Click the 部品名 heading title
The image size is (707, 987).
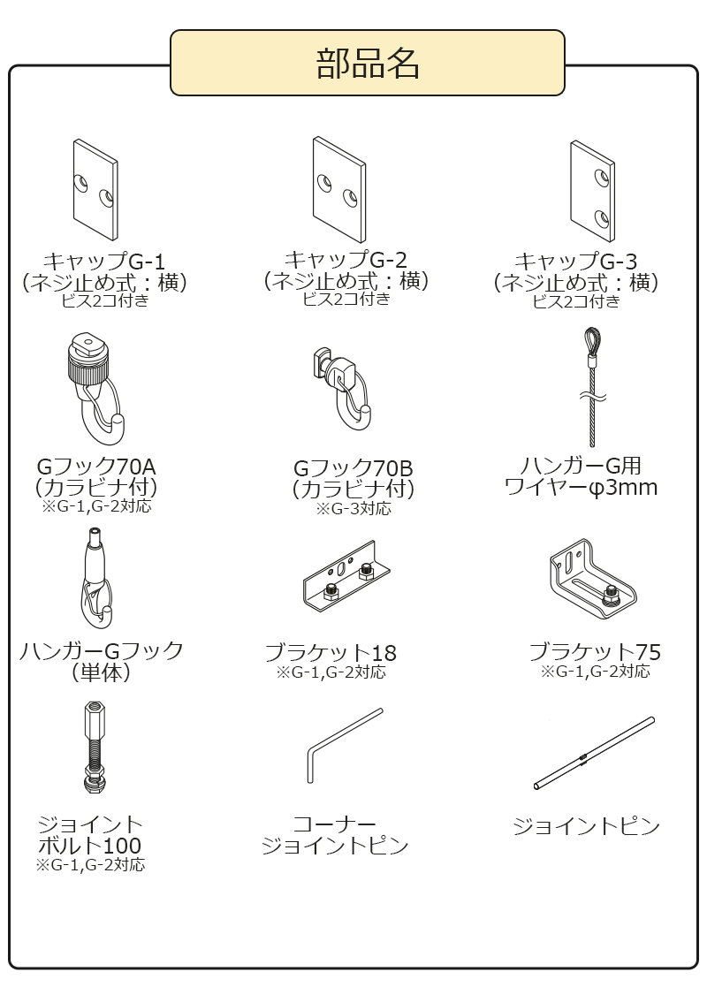[368, 63]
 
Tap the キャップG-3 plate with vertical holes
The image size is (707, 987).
[591, 190]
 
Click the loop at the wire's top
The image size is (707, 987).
[590, 340]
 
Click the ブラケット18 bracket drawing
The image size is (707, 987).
[341, 584]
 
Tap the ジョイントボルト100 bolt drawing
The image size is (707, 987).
[94, 747]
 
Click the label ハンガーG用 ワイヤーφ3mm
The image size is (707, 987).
[581, 476]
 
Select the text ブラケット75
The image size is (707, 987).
[595, 652]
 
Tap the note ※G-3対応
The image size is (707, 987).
[353, 509]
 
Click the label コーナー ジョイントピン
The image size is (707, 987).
[335, 835]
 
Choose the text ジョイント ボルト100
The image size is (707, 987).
[90, 835]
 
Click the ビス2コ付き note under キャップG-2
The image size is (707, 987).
[346, 299]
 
